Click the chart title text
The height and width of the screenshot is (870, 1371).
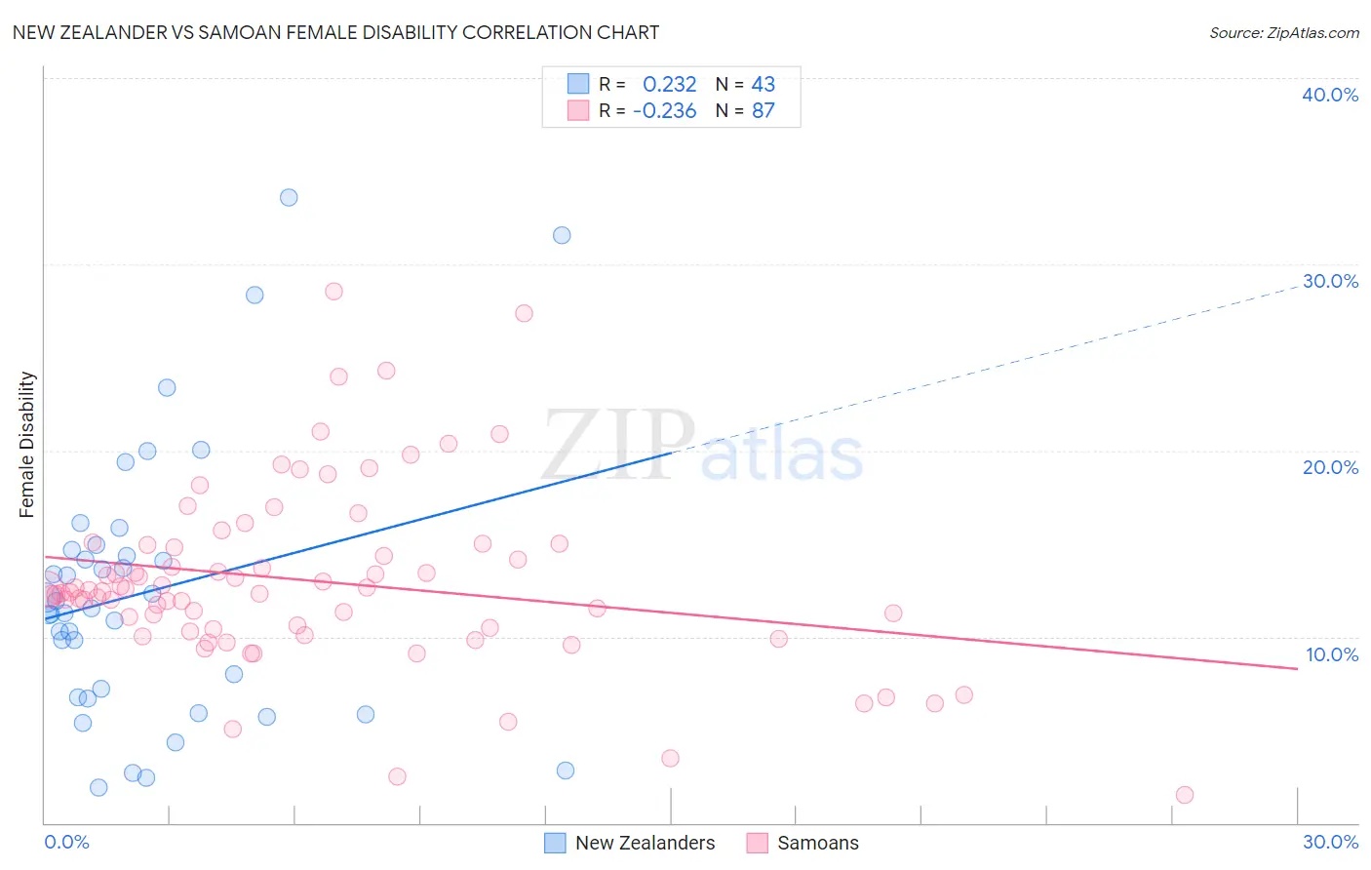click(335, 33)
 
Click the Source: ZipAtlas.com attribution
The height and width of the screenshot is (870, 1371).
click(1283, 33)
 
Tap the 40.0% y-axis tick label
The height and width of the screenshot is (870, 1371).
click(1329, 95)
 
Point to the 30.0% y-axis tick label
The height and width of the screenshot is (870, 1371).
click(1329, 281)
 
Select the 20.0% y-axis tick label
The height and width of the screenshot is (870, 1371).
click(1329, 467)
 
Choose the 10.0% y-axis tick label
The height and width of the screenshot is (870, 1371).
click(1331, 654)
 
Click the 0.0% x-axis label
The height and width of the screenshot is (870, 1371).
click(66, 842)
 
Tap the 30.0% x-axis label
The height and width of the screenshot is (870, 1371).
click(1329, 842)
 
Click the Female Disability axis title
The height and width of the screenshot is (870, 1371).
click(27, 444)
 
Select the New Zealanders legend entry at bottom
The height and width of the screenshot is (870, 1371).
click(645, 843)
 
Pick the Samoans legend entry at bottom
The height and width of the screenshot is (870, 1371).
click(817, 843)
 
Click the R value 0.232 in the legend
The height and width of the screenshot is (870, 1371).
click(669, 85)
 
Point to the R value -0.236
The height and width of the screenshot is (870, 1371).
click(664, 111)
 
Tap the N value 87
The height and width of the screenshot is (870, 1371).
click(763, 111)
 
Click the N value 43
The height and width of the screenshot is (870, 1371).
click(763, 85)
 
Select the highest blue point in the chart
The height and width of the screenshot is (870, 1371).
click(289, 198)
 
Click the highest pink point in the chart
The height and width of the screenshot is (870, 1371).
click(333, 292)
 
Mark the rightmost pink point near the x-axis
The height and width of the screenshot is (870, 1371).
click(1185, 795)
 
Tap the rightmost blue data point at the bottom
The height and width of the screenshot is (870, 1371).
click(566, 771)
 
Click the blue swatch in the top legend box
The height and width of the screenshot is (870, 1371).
click(578, 84)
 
